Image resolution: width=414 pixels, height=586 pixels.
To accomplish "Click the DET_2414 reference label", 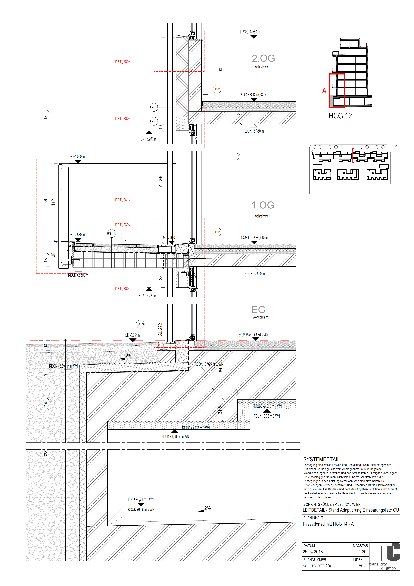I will (123, 200).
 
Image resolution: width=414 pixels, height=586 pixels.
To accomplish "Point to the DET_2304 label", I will (123, 225).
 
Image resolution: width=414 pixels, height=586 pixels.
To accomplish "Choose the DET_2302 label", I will (123, 289).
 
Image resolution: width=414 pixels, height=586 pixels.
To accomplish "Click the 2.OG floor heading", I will (263, 58).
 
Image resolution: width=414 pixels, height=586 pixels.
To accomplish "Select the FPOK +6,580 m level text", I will (250, 32).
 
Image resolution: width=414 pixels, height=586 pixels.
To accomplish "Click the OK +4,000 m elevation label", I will (76, 156).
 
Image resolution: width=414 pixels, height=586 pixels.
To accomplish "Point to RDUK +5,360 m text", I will (254, 131).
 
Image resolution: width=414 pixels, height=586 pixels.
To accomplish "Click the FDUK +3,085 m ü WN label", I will (175, 436).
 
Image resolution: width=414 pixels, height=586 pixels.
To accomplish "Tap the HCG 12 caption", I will (340, 116).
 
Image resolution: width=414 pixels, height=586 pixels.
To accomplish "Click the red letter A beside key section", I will (324, 91).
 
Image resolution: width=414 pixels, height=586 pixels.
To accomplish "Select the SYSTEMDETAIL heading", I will (321, 459).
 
